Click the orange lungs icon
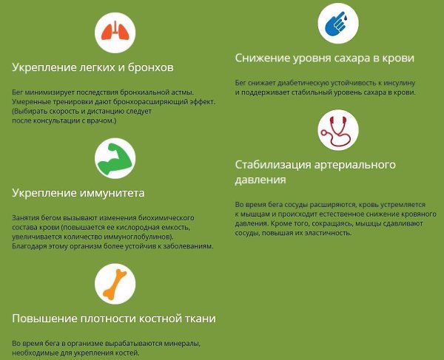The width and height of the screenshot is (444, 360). (x=115, y=31)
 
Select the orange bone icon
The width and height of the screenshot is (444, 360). (x=115, y=284)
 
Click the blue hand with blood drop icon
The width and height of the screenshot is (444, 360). (x=337, y=23)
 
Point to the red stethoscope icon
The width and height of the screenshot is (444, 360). (x=336, y=131)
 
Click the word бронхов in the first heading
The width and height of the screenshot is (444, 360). (x=151, y=67)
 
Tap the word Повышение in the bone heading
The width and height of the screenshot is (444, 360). (x=44, y=319)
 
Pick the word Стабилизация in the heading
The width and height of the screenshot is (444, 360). (x=273, y=165)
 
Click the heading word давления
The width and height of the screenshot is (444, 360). (x=260, y=180)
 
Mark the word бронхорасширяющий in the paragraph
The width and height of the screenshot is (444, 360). (x=146, y=102)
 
